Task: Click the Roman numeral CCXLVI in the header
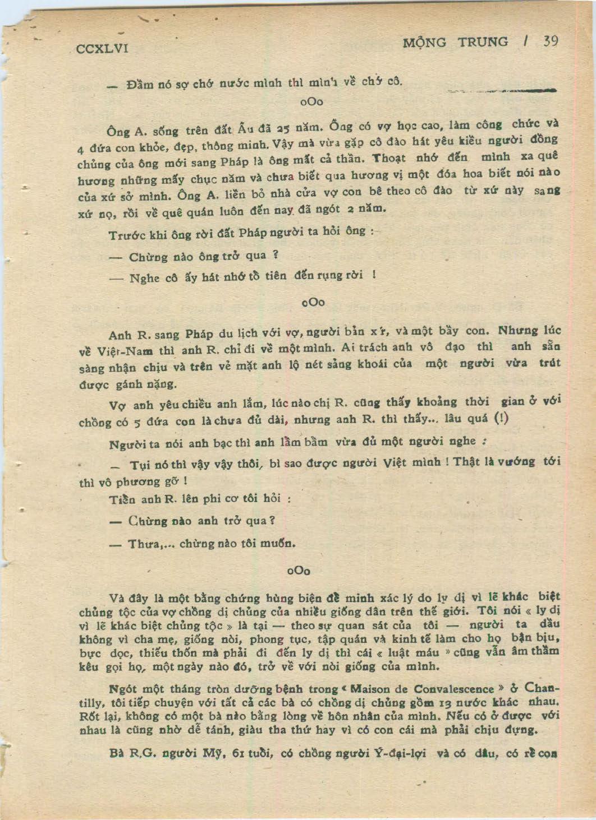tap(103, 49)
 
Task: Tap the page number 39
tap(550, 41)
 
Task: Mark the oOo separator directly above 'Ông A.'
tap(312, 103)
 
